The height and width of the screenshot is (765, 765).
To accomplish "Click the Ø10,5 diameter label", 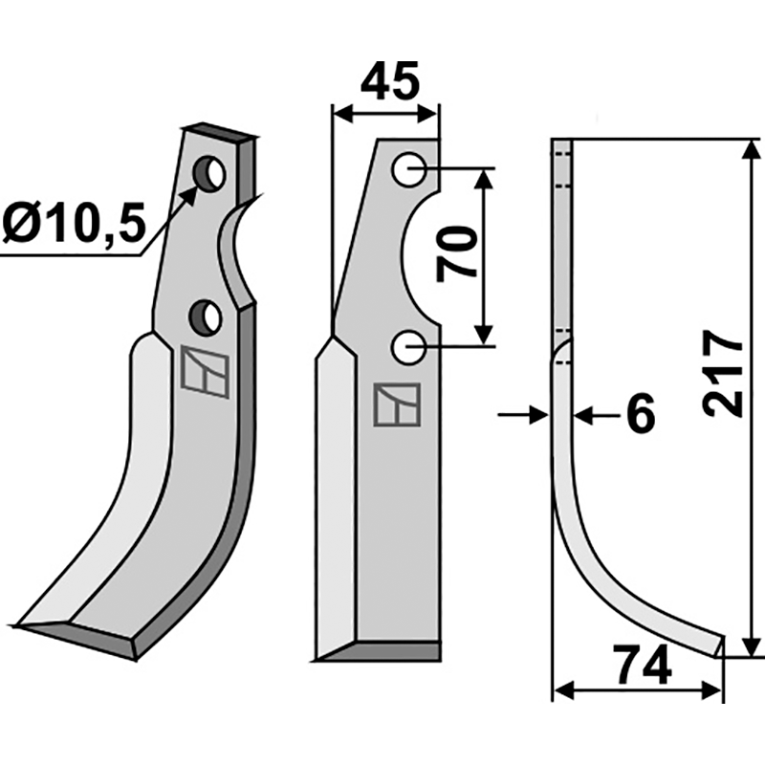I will pos(74,227).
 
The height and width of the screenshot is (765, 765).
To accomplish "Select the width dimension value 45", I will pos(389,83).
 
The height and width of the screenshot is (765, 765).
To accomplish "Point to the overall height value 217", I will pos(722,373).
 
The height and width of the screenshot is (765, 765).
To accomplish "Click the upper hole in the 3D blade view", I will pos(208,174).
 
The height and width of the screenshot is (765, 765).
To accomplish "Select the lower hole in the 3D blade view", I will pos(207,315).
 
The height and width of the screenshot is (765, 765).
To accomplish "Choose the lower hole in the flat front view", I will pos(409,347).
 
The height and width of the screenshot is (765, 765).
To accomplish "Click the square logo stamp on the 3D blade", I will pos(205,372).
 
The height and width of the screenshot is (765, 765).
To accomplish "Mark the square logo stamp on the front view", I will pos(396,405).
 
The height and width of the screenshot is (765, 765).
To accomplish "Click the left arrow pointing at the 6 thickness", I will pos(535,415).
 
